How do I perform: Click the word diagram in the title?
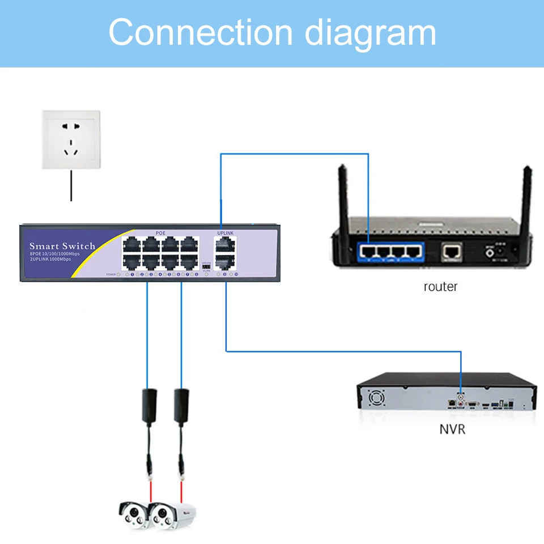(371, 34)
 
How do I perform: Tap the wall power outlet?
(71, 140)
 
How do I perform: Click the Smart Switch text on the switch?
(62, 246)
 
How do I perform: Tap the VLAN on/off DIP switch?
(206, 266)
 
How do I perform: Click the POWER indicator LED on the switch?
(118, 274)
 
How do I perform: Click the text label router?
(440, 287)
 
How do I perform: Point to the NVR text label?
(452, 429)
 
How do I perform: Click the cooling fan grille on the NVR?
(377, 399)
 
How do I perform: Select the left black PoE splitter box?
(148, 405)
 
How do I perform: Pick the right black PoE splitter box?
(181, 405)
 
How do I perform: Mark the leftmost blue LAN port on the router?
(368, 250)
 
